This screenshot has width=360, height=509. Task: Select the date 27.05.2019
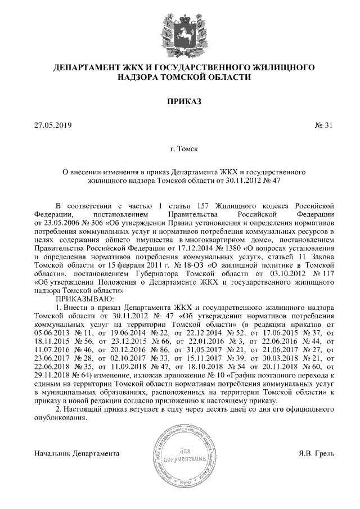point(53,125)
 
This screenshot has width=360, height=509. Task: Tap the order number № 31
point(324,125)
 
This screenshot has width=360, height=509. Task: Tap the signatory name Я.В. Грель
point(317,453)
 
